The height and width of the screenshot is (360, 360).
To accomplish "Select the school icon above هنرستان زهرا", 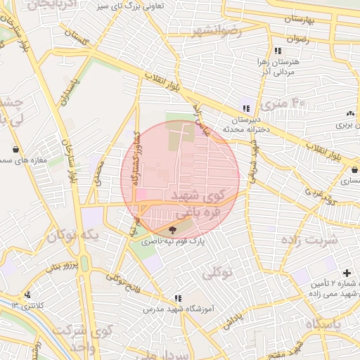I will (278, 51).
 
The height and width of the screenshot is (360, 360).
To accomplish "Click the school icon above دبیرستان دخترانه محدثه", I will (245, 108).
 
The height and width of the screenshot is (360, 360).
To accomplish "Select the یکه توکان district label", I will (72, 234).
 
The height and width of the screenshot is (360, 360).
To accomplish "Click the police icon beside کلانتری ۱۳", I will (27, 295).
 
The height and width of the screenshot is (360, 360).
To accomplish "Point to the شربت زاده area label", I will (312, 239).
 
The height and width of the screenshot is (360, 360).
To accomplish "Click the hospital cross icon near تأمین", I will (347, 273).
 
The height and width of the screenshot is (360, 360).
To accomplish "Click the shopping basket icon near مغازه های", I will (15, 149).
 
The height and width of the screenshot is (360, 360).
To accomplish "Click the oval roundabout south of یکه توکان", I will (84, 263).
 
